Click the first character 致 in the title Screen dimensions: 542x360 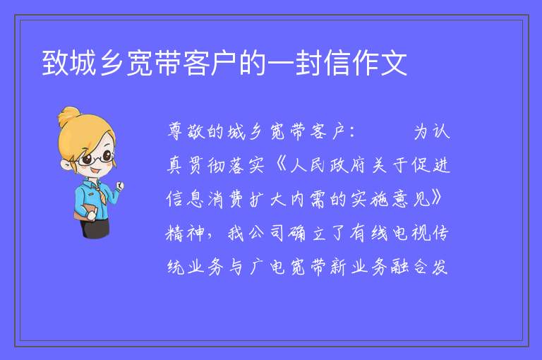55,63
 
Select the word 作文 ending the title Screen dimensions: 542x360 379,63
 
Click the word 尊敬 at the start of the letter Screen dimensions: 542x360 186,132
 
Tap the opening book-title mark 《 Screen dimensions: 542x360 281,165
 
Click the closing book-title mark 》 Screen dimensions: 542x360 437,198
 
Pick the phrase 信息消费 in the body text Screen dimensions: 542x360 206,199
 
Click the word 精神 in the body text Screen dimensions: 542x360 186,233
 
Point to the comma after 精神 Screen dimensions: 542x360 210,238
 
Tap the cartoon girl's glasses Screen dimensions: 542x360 96,158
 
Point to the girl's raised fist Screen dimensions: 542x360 120,186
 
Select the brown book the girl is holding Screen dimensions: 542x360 84,212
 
